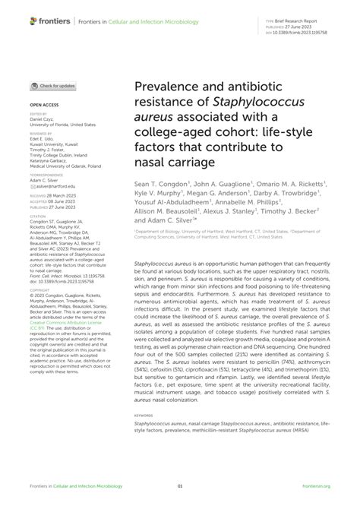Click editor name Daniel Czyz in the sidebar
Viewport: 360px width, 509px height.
coord(43,119)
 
